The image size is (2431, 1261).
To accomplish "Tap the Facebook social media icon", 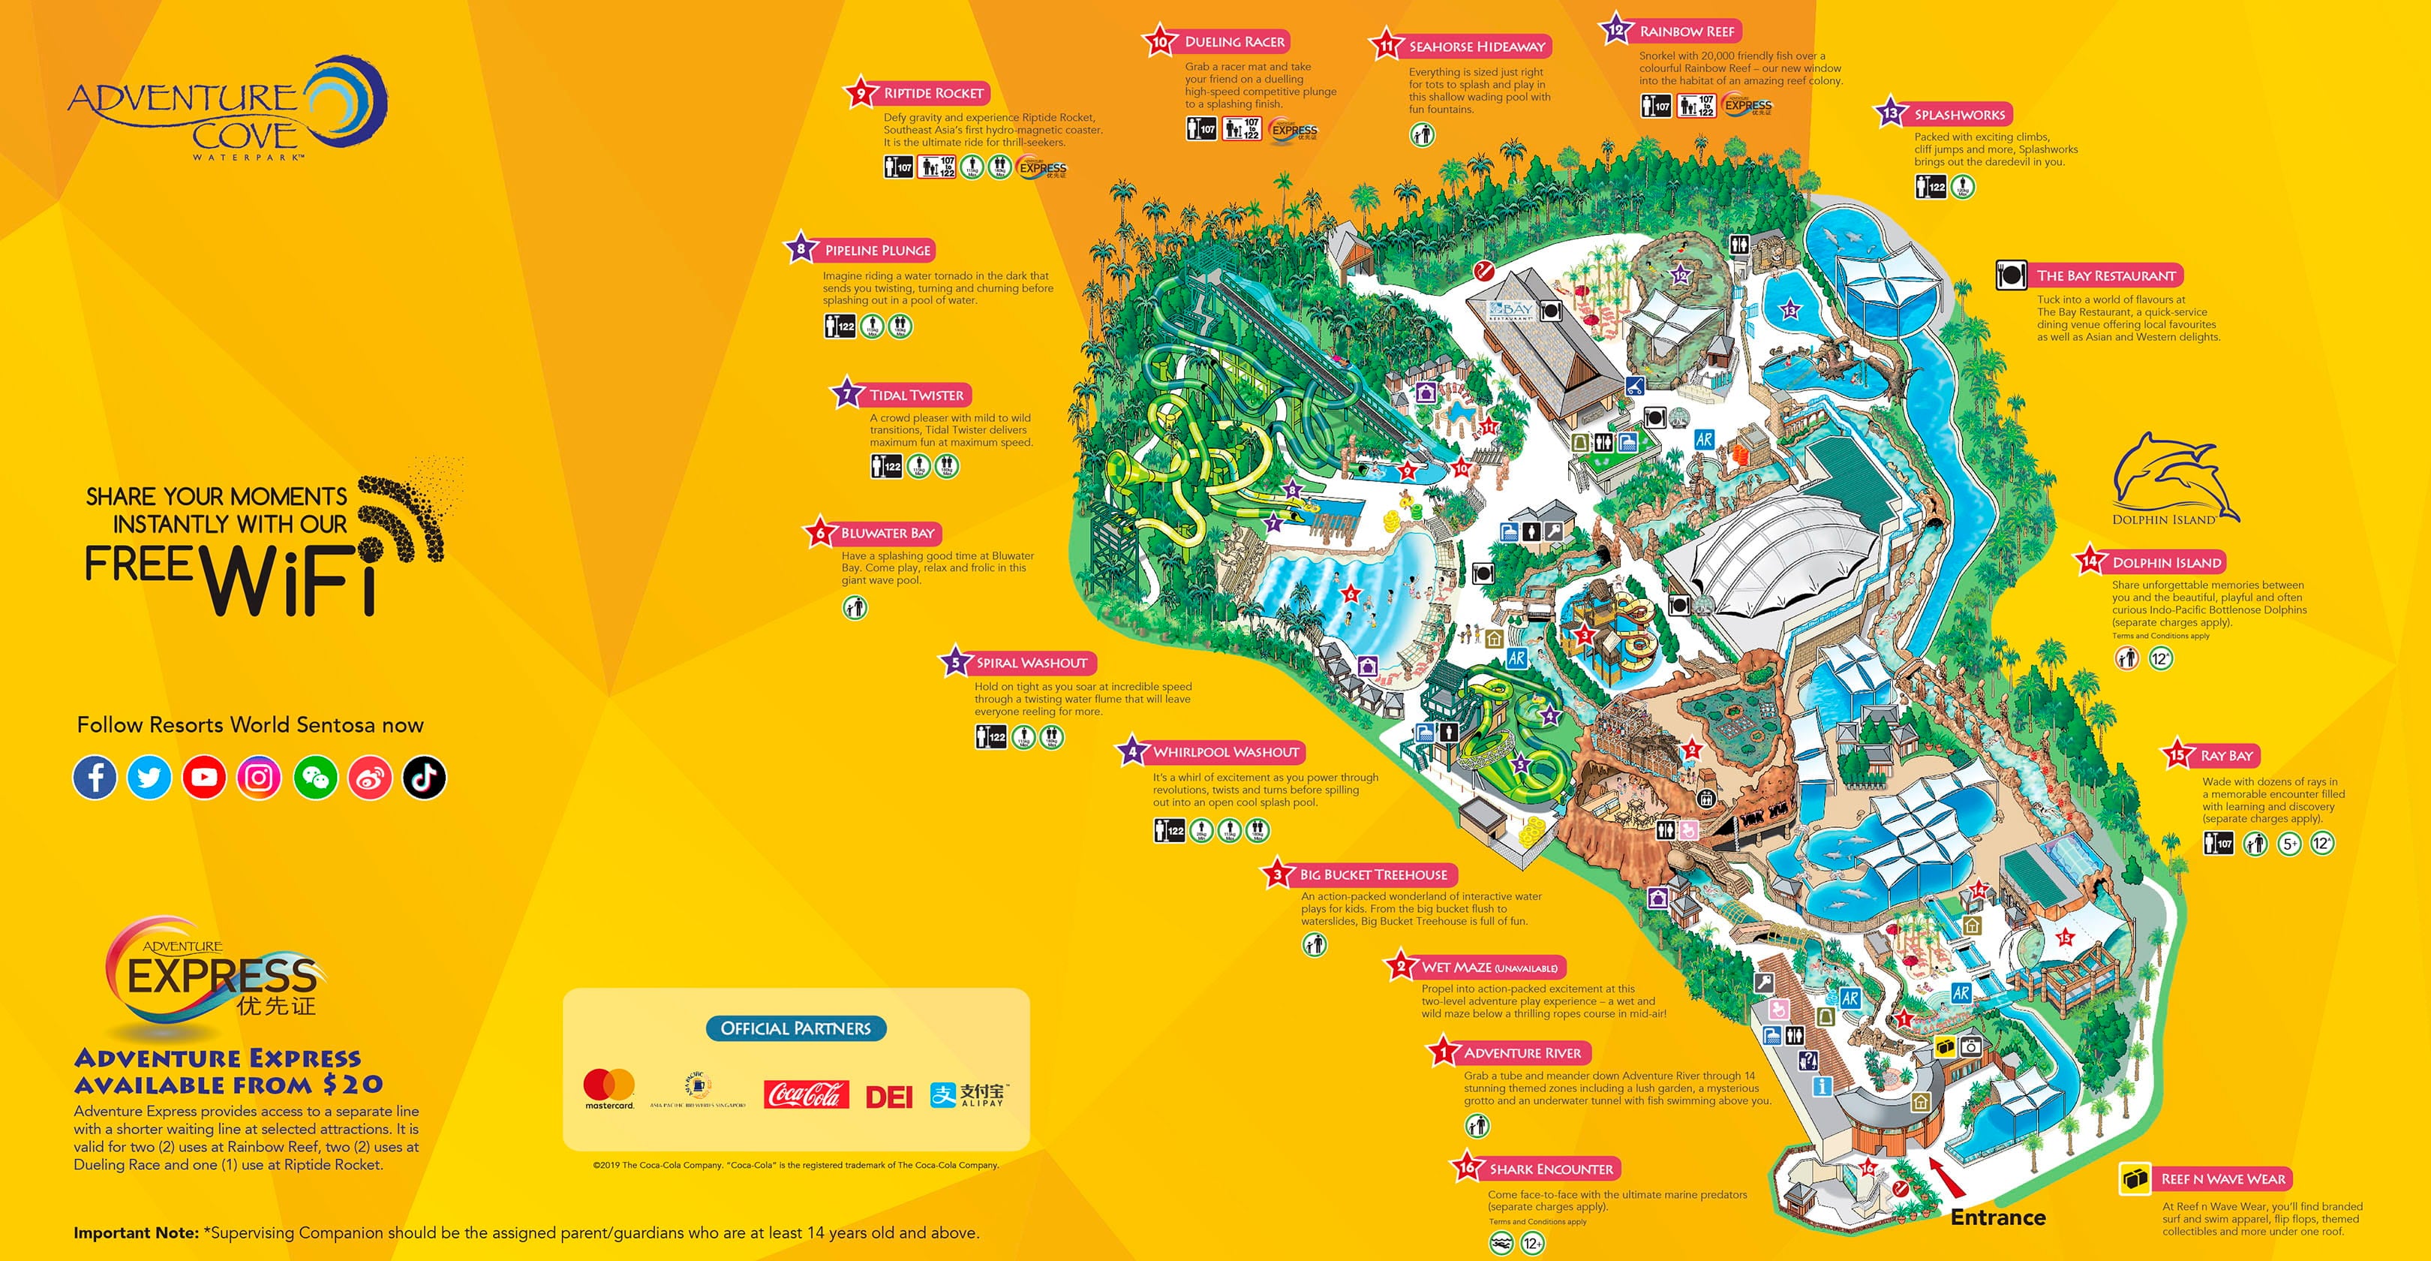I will pos(95,778).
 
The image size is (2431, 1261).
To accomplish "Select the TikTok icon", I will pos(424,778).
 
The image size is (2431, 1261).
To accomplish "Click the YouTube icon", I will pos(204,778).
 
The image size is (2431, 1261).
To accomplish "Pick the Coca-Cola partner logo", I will pos(806,1095).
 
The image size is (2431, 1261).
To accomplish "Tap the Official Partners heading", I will pos(795,1028).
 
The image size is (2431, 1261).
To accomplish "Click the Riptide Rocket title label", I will pos(933,93).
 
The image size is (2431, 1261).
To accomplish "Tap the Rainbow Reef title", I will pos(1687,31).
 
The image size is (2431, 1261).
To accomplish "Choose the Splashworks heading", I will pos(1959,115).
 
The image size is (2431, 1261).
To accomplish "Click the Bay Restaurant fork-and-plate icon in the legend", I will pos(2010,275).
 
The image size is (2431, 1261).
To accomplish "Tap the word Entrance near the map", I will pos(1998,1217).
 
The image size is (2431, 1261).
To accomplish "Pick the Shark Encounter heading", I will pos(1551,1169).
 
